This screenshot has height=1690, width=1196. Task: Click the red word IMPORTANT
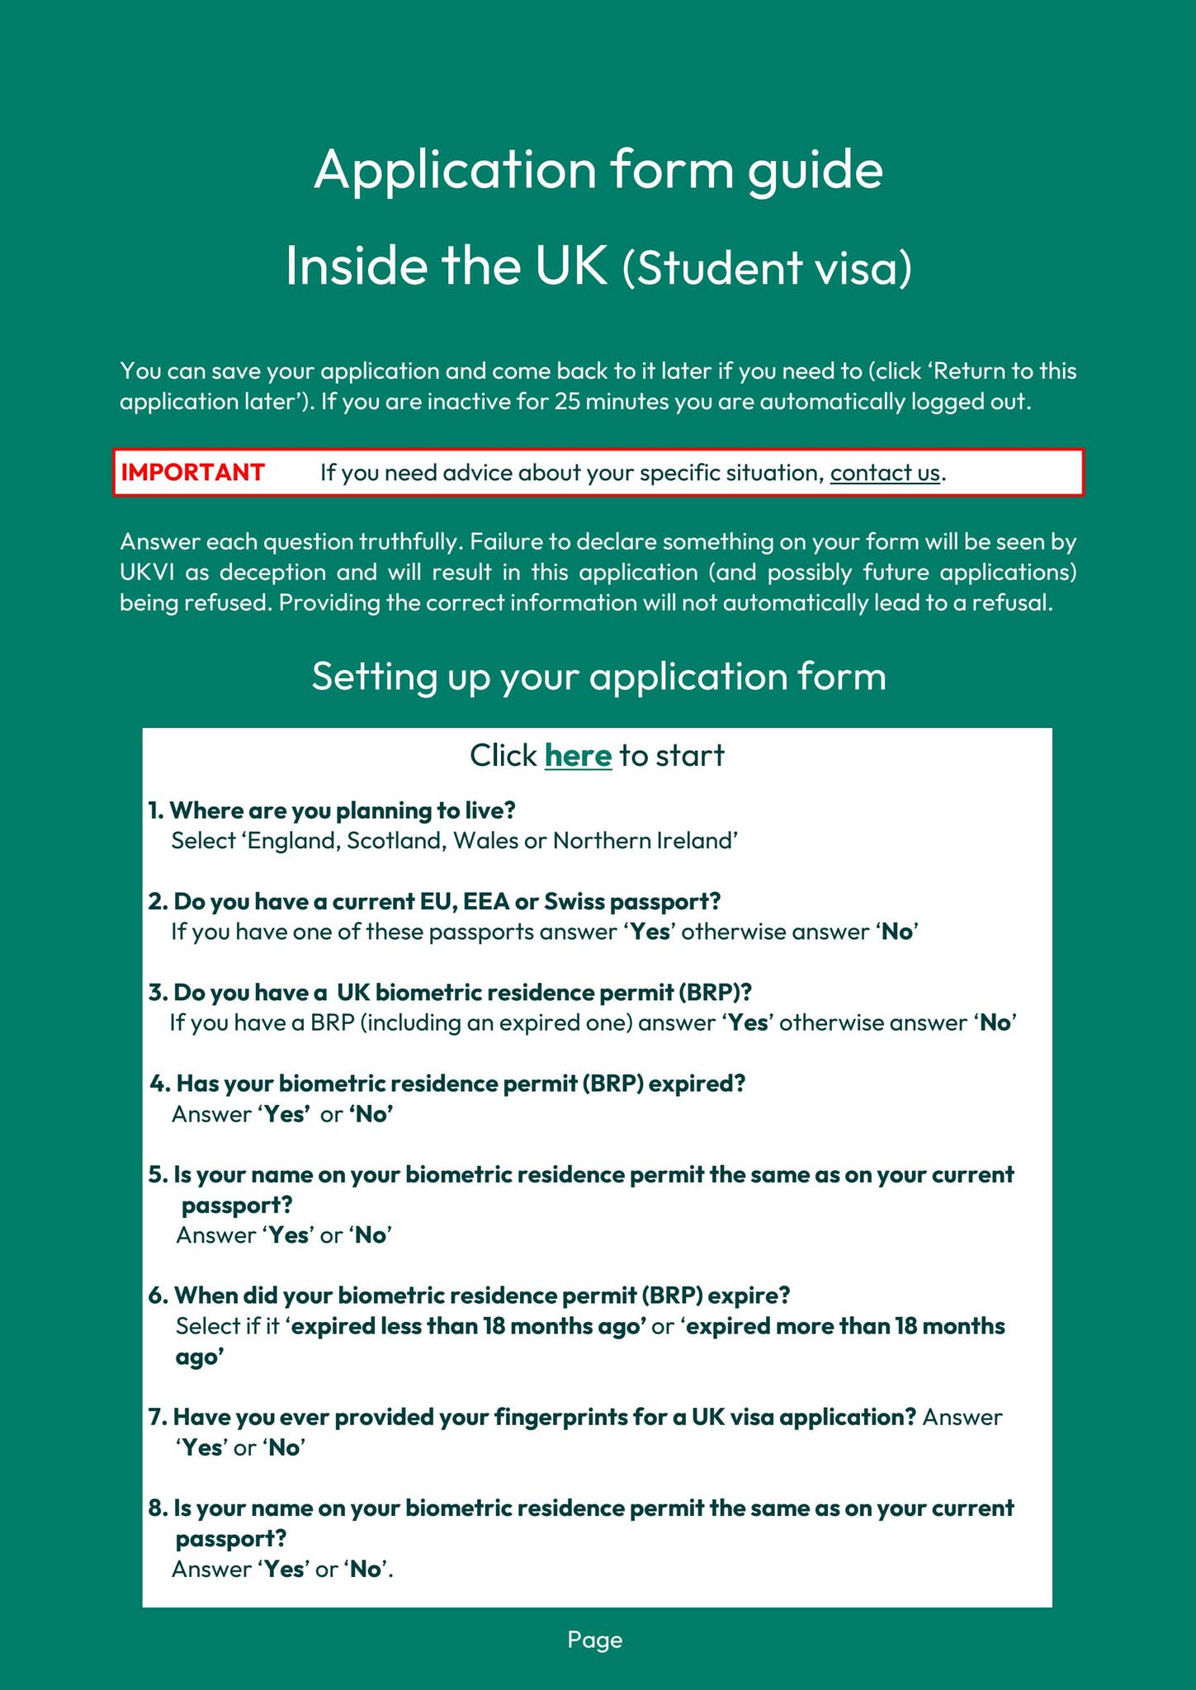192,473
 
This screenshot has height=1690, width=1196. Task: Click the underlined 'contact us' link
885,473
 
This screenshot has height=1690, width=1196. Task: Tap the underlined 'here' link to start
578,755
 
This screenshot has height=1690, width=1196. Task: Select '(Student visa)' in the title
767,268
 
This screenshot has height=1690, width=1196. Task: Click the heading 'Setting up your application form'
598,677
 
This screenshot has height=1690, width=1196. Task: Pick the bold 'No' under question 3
995,1023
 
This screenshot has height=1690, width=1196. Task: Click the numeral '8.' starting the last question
158,1508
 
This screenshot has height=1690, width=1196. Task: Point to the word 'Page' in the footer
594,1640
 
